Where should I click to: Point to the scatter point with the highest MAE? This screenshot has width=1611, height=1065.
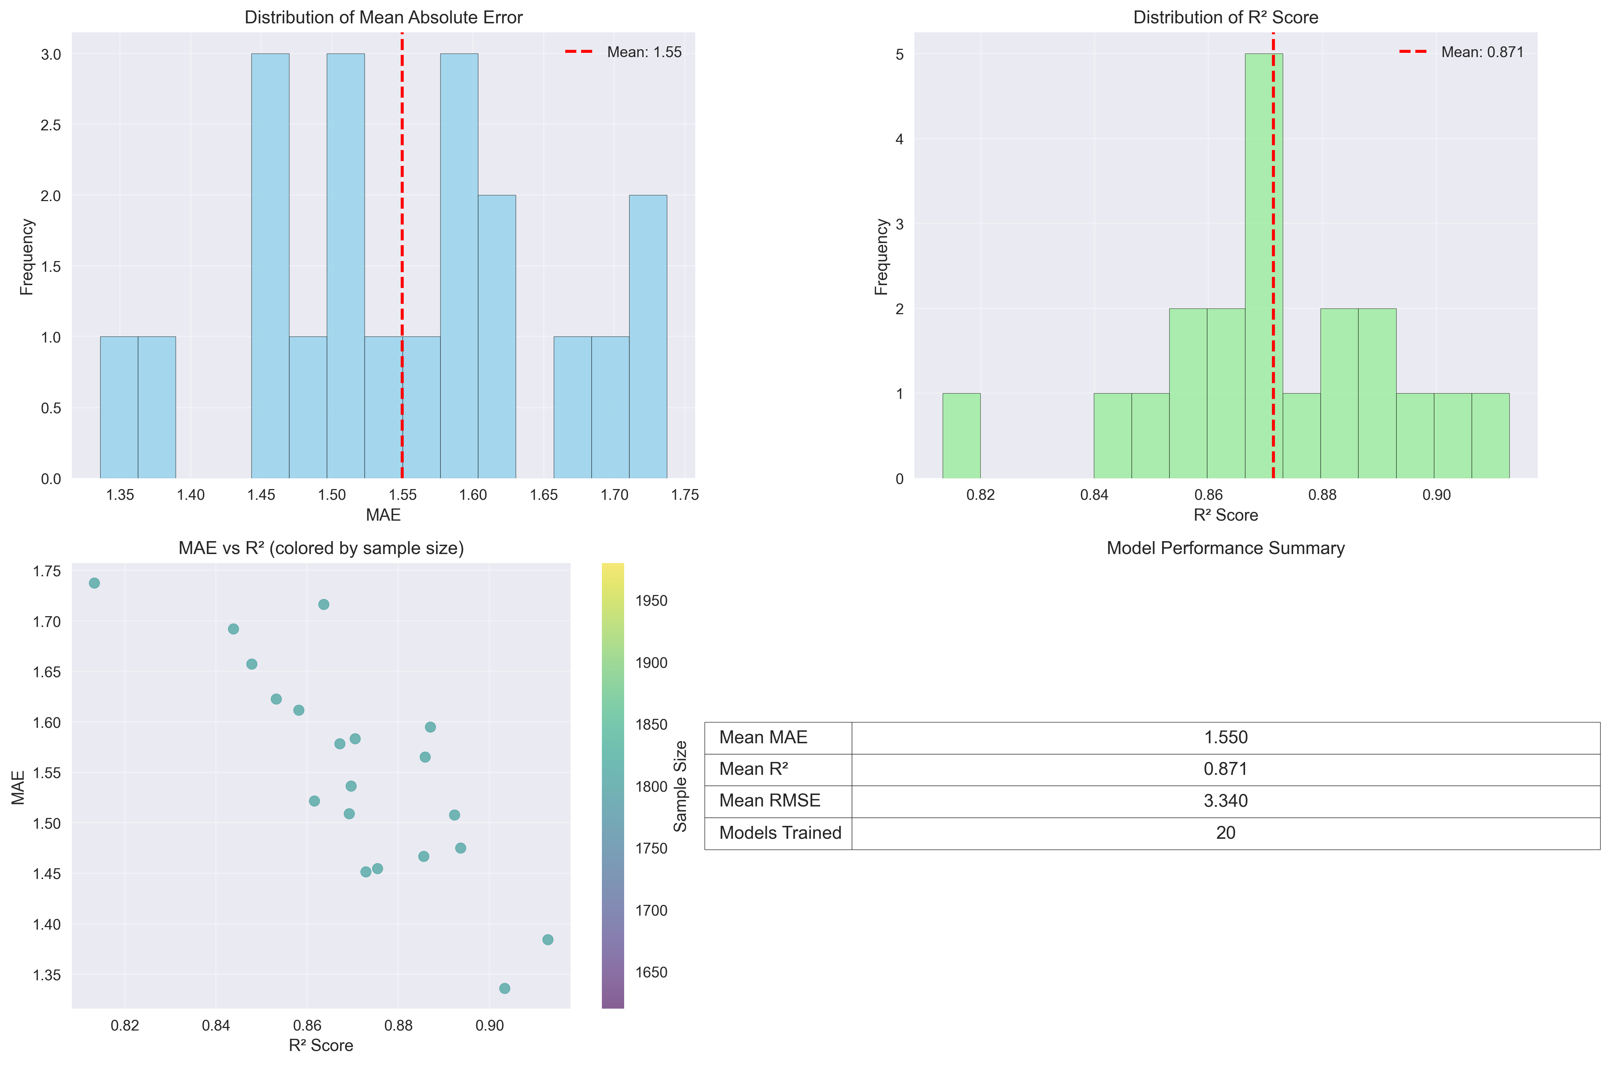94,583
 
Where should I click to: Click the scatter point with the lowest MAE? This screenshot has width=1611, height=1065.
505,988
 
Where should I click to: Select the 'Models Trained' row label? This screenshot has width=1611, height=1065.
780,833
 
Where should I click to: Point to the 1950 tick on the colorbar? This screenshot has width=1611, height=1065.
651,600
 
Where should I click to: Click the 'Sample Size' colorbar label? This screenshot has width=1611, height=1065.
680,786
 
